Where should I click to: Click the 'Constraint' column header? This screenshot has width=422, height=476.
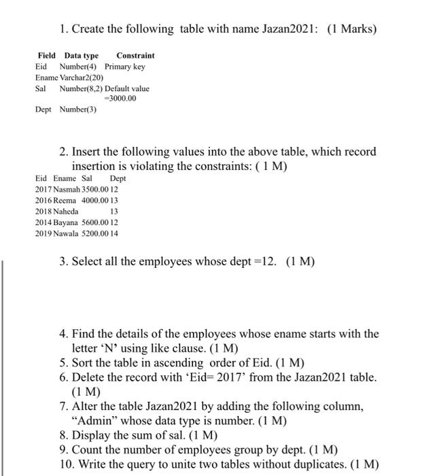[x=135, y=55]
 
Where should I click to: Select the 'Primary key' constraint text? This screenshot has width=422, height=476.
[x=124, y=67]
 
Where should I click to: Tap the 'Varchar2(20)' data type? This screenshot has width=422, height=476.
[x=82, y=78]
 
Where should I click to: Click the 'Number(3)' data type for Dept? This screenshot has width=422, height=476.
[x=78, y=109]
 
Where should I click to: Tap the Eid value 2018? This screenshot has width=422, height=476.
[x=43, y=211]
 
